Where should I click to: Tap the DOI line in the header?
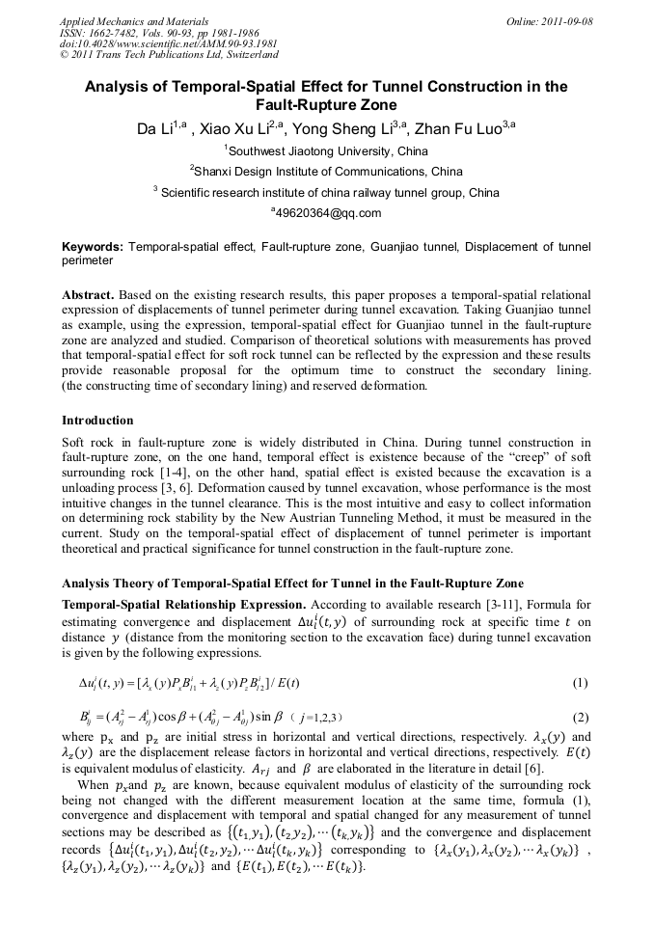pos(169,43)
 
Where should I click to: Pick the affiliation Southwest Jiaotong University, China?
pos(328,150)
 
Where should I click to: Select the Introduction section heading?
pos(97,421)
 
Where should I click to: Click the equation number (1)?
pos(580,684)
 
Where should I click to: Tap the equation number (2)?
pos(580,718)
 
